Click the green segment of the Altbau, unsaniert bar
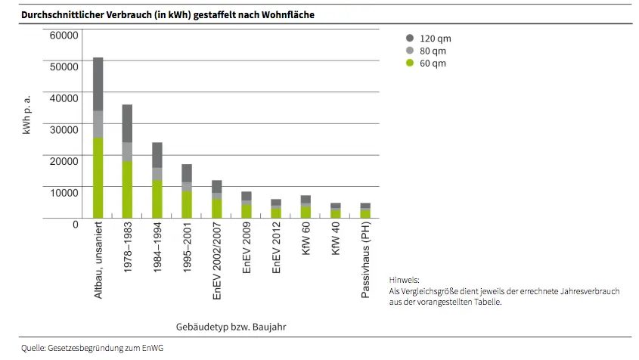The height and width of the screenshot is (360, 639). pos(98,178)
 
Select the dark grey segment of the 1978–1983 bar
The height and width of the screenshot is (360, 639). pos(127,123)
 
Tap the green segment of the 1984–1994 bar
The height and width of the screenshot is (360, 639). pos(157,198)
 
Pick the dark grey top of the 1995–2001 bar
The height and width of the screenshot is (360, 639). pos(186,172)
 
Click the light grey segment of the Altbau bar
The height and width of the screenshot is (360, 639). pos(98,124)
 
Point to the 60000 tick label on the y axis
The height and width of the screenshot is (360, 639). pos(64,35)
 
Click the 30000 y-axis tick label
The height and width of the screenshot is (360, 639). pos(64,129)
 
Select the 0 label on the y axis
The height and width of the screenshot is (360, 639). pos(75,224)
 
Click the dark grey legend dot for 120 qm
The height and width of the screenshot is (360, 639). pos(410,38)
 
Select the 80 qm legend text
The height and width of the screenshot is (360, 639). pos(433,51)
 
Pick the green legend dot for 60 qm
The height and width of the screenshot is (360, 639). pos(410,63)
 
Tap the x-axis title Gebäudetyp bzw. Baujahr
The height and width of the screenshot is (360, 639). pos(231,326)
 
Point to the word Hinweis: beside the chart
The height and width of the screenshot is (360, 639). pos(404,279)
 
